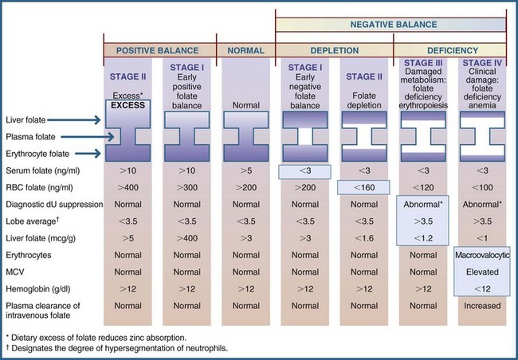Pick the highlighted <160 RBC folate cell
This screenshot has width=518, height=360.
(x=363, y=187)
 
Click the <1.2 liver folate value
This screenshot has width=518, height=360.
(x=423, y=237)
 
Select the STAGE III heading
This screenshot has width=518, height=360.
(x=423, y=63)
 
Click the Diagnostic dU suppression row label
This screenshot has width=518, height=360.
(x=53, y=204)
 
